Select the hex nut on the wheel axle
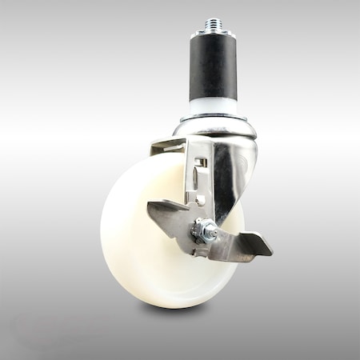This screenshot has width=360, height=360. click(x=207, y=234)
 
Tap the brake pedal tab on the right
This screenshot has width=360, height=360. click(x=254, y=244)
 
